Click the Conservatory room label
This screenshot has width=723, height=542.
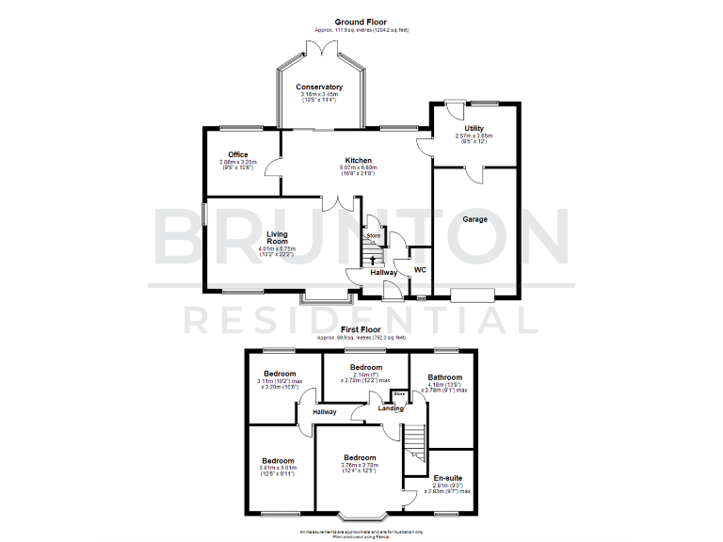(x=321, y=87)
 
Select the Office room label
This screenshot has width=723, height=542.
(x=237, y=154)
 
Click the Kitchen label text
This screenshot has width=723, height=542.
(x=357, y=161)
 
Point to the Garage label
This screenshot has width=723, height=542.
(x=474, y=219)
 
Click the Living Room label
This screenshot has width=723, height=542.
(x=277, y=238)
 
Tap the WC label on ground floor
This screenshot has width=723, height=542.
(x=421, y=270)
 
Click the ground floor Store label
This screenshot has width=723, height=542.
(x=374, y=235)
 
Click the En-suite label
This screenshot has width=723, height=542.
(x=448, y=477)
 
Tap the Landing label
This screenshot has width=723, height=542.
(x=391, y=407)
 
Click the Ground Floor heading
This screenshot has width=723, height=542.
(x=361, y=21)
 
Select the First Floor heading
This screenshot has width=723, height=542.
(x=361, y=329)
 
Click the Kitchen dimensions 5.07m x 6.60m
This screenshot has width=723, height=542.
(x=357, y=169)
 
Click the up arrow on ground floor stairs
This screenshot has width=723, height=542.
(x=374, y=260)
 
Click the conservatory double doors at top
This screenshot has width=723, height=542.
(x=321, y=46)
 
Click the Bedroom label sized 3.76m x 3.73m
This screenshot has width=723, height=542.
(x=361, y=458)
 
